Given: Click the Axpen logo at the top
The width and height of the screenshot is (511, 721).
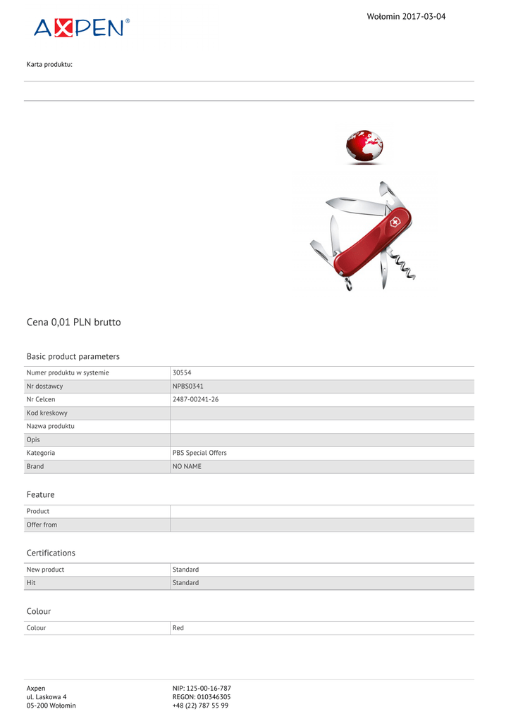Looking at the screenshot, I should (82, 27).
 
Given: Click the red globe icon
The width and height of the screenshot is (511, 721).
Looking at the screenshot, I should (364, 146).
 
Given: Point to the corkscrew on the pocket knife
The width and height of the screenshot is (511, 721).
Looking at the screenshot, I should (406, 266).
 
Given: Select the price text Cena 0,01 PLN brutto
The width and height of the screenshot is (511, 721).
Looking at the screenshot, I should (73, 322).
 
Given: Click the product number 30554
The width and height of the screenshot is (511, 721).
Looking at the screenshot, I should (182, 372).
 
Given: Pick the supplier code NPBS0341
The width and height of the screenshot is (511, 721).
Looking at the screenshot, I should (188, 386).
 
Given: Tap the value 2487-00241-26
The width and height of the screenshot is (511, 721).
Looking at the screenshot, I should (195, 399).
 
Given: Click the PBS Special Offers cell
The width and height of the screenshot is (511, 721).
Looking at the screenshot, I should (199, 453).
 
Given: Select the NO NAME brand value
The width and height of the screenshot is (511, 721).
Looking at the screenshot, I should (187, 466).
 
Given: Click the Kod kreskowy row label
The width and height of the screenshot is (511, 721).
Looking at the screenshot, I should (47, 413).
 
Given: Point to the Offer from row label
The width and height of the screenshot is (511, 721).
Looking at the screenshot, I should (42, 525).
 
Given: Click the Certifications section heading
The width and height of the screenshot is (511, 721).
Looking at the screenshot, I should (51, 553).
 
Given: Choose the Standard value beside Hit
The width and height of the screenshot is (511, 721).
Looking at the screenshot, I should (185, 582).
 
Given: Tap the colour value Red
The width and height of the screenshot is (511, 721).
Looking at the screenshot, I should (178, 627).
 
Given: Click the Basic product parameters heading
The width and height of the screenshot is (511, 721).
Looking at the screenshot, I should (73, 356).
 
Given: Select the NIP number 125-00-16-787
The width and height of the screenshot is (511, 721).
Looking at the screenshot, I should (202, 688).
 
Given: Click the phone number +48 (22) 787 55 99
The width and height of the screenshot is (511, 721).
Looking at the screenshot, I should (200, 705).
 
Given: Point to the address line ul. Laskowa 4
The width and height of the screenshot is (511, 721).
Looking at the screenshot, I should (47, 696).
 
